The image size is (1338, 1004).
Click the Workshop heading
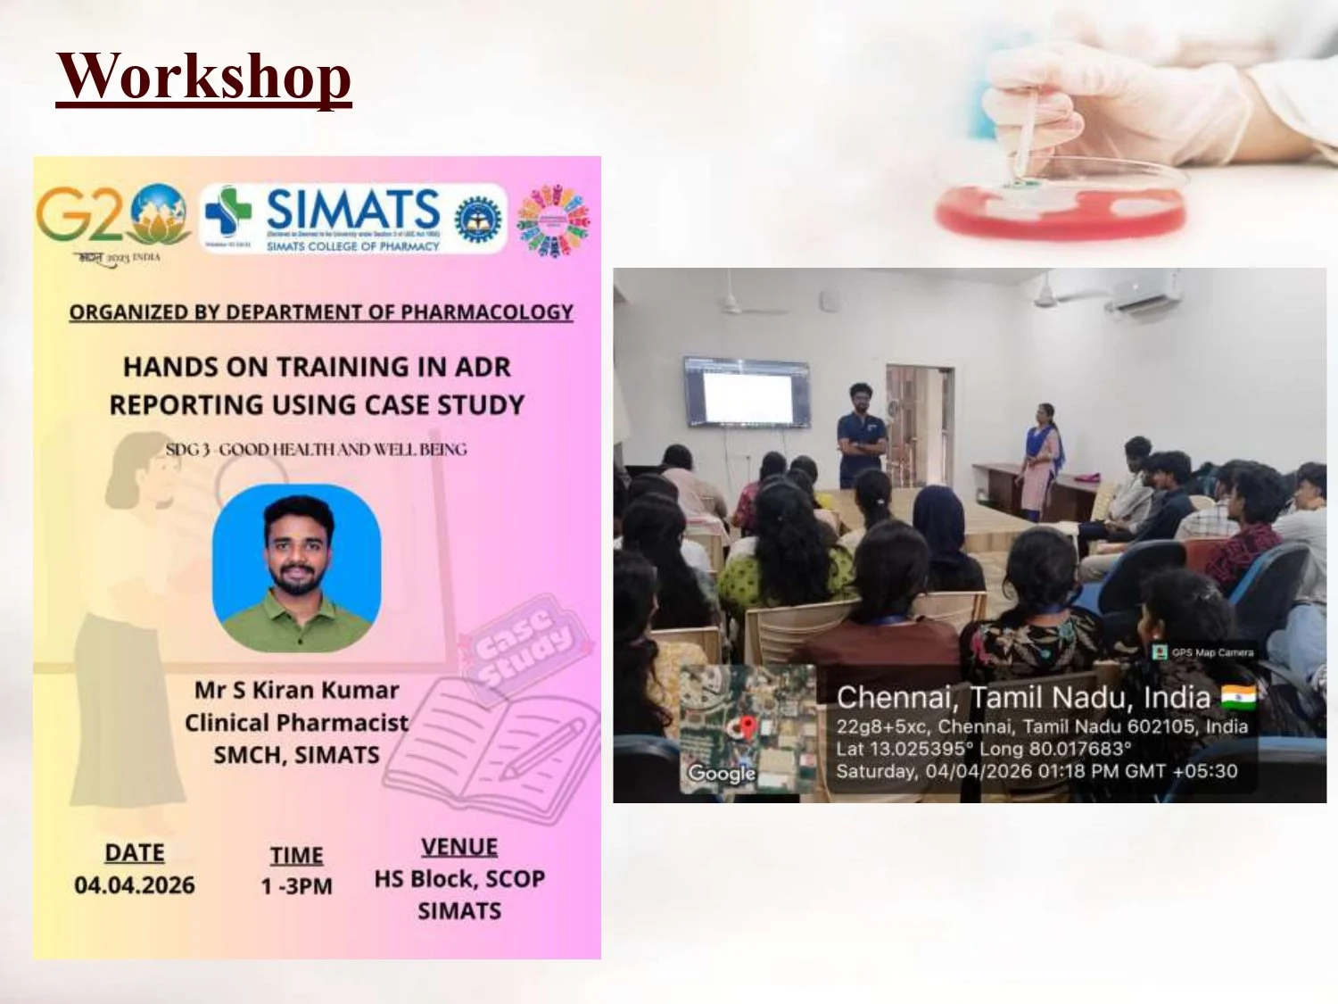(x=203, y=77)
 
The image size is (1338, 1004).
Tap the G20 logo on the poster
(x=112, y=216)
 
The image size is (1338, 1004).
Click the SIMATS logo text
(x=352, y=211)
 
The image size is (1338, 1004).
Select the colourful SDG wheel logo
(x=553, y=220)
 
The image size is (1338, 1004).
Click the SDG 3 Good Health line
(x=316, y=449)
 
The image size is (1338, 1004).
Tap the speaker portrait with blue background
(x=297, y=568)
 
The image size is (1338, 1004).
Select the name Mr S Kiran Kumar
(x=296, y=690)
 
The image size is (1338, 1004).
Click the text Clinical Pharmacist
(x=296, y=722)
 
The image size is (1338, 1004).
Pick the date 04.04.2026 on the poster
(x=135, y=885)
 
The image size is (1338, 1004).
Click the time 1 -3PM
(x=296, y=886)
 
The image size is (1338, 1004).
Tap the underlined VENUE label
(x=459, y=847)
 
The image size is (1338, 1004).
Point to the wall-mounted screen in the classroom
(x=747, y=393)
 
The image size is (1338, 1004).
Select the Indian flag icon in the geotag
(x=1237, y=696)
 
